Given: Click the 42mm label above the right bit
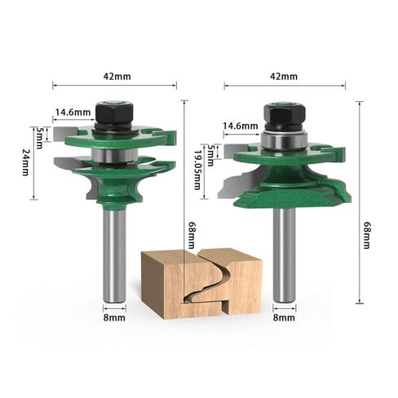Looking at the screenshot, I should pos(285,76).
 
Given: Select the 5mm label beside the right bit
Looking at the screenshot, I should pos(209,151).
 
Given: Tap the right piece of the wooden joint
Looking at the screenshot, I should pos(237,281).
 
